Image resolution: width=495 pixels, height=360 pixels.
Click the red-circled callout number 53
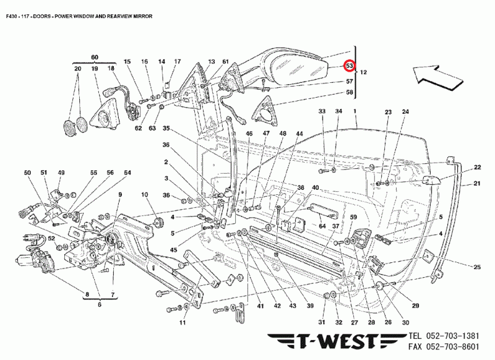pos(350,66)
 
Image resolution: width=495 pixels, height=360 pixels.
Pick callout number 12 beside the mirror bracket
pos(363,72)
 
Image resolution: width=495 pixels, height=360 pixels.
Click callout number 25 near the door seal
pos(477,267)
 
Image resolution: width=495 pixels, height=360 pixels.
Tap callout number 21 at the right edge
pos(477,184)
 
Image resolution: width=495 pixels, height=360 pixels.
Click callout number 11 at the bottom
pos(183,323)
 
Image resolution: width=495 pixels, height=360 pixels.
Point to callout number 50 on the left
pos(27,173)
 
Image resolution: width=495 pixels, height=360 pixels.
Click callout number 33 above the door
pos(321,111)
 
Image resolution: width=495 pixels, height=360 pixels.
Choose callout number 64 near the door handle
pos(322,226)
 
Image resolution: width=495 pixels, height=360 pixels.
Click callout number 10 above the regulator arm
pos(144,195)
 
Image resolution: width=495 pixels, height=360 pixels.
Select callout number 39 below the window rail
pos(310,306)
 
